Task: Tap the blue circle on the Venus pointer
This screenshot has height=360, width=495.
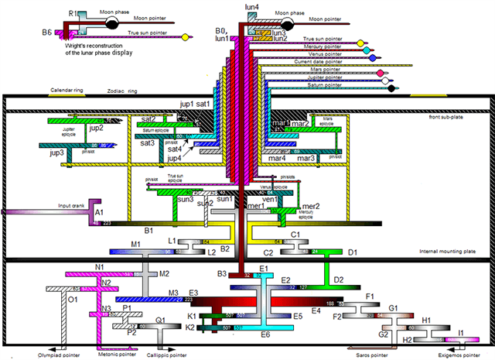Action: (373, 58)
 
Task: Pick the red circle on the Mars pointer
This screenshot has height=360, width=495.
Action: (380, 74)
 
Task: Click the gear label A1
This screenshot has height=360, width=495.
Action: (99, 211)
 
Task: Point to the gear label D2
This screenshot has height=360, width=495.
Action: (338, 279)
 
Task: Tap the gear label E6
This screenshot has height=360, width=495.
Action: (265, 334)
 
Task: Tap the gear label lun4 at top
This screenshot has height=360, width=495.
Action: (252, 7)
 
